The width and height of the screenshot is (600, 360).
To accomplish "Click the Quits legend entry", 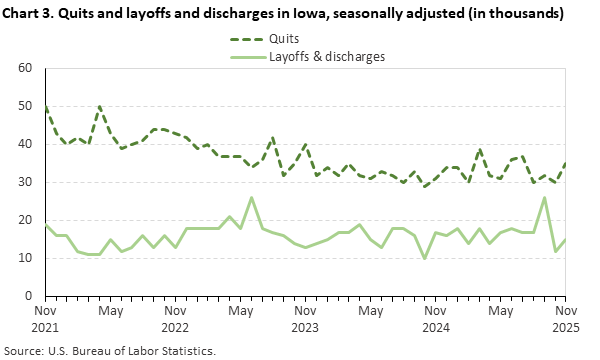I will coord(286,40).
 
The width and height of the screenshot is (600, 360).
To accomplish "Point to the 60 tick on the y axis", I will coord(26,69).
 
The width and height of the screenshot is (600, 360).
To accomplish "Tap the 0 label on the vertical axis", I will coord(30,296).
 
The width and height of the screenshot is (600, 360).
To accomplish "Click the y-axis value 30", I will coord(26,182).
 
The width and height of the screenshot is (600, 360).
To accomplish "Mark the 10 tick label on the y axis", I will coord(26,258).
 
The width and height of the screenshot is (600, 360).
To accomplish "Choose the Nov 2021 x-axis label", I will coord(46,318).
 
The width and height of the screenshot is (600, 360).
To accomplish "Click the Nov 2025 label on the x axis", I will coord(565,318).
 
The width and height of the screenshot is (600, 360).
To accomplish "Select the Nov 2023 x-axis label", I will coord(306,318).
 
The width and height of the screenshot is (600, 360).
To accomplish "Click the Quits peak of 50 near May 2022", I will coord(100,106).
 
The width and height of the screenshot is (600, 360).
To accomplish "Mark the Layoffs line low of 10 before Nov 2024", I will coord(425,258).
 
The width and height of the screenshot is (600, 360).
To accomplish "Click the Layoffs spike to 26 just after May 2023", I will coord(251,198).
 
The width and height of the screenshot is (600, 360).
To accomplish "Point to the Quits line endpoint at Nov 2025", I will coord(565,163).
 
